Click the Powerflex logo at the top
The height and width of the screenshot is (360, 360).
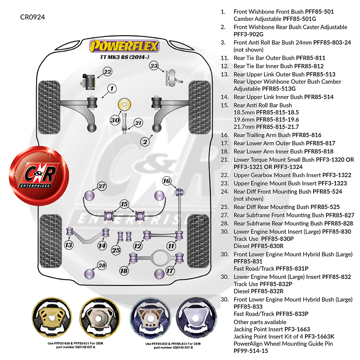click(x=125, y=46)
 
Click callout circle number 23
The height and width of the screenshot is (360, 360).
click(x=154, y=66)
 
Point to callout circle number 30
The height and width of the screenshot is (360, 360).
click(x=115, y=120)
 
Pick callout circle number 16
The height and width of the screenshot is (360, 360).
click(x=166, y=181)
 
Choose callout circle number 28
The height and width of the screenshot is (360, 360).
click(x=102, y=266)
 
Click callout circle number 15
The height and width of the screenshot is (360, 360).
click(x=124, y=204)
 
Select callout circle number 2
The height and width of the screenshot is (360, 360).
click(x=145, y=142)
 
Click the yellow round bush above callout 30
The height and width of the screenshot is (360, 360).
click(x=125, y=104)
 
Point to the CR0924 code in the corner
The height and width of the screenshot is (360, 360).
click(x=32, y=17)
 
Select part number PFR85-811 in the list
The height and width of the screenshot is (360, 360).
click(x=310, y=58)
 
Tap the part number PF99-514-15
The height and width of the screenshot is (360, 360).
click(x=251, y=350)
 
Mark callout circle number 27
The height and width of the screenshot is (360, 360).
click(x=102, y=186)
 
